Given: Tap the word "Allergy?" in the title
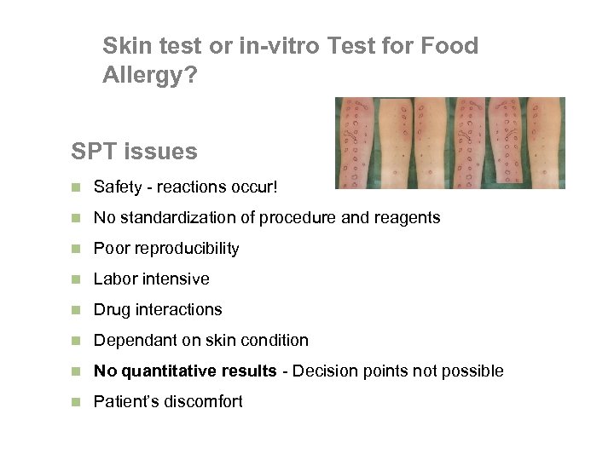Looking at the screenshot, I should tap(149, 75).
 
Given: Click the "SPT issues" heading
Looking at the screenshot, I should tap(134, 152).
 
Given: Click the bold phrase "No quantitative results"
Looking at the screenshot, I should tap(185, 371).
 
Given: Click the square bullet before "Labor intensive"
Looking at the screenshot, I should tap(76, 279).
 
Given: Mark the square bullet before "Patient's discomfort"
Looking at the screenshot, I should tap(76, 402).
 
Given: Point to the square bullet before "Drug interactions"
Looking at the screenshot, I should tap(76, 310).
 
